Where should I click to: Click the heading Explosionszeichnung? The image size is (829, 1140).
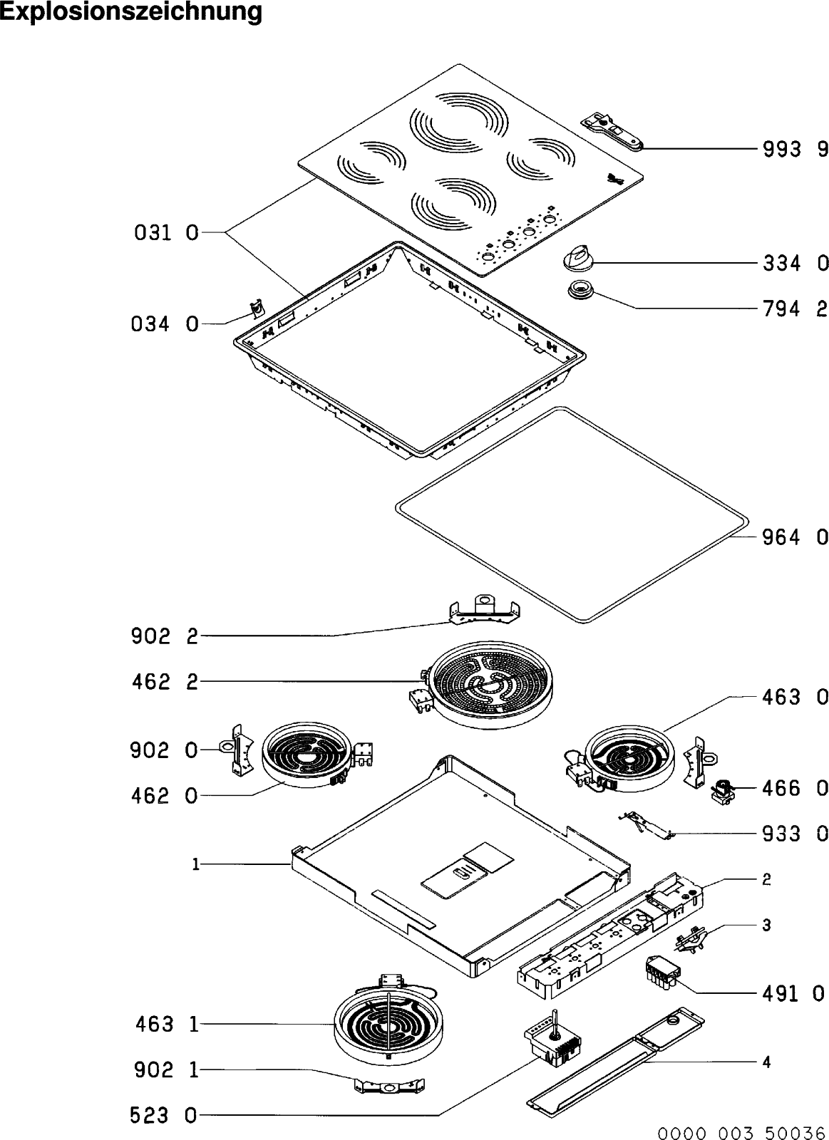(x=131, y=12)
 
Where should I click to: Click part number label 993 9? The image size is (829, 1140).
(x=795, y=150)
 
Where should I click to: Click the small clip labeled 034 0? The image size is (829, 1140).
(x=255, y=308)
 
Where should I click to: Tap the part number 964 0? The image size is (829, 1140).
(x=795, y=537)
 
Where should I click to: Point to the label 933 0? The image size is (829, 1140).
(x=795, y=833)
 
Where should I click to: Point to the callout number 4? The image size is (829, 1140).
(x=766, y=1062)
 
